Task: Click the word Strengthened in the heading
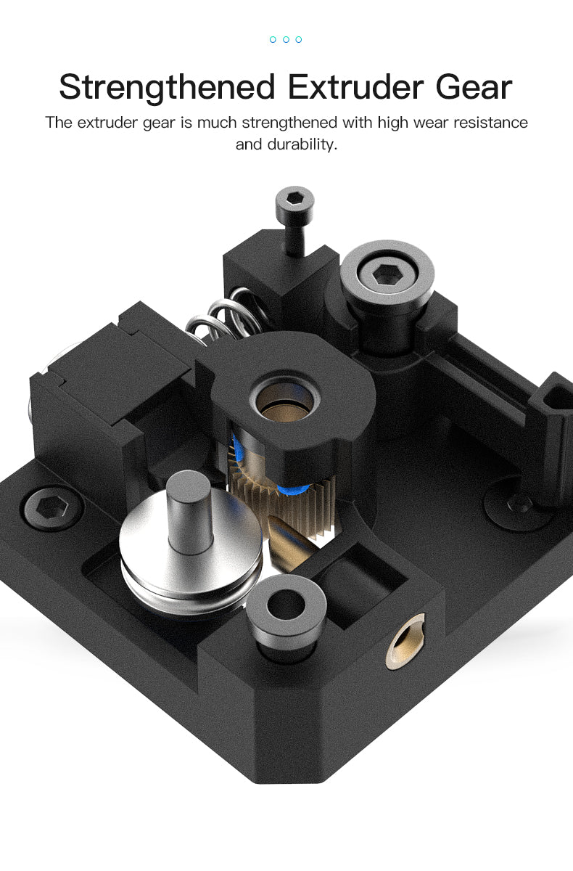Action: click(168, 87)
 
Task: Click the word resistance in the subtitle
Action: click(490, 122)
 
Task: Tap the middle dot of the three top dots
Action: click(286, 39)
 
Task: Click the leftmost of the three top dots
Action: click(273, 39)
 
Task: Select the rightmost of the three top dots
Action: click(299, 39)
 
